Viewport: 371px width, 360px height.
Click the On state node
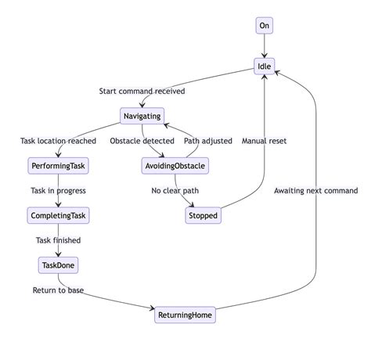click(265, 26)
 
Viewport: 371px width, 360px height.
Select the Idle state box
click(265, 66)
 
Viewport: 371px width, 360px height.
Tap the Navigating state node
click(142, 116)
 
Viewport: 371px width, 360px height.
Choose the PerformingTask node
click(58, 166)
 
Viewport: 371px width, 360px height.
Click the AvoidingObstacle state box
click(175, 166)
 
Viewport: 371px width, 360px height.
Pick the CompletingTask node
click(58, 215)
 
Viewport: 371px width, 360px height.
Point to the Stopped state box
click(203, 215)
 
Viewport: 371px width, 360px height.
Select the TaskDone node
click(58, 265)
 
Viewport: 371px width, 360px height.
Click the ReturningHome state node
click(185, 315)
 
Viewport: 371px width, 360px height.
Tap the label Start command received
click(142, 91)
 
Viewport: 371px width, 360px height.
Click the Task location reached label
click(58, 141)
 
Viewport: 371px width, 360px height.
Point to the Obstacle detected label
click(142, 141)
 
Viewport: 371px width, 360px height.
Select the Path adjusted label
click(207, 141)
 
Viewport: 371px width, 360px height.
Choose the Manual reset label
click(264, 141)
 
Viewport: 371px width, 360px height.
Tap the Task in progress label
click(58, 190)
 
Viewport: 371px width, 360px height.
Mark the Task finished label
click(58, 240)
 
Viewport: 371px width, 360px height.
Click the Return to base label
click(58, 290)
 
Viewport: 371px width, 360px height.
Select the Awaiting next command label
click(315, 190)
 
